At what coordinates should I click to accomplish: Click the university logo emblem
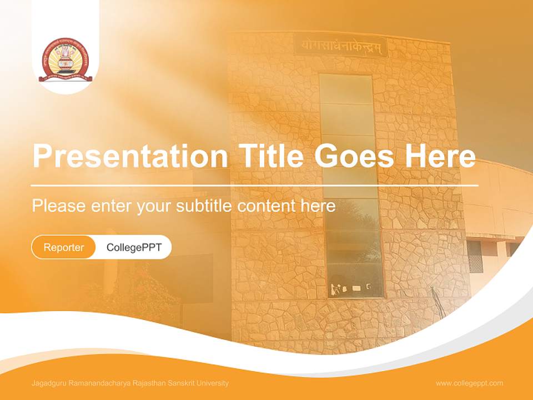[x=66, y=60]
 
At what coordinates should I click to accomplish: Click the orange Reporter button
[x=64, y=247]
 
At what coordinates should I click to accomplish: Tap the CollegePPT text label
[x=134, y=247]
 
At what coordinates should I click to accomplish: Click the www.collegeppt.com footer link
[x=469, y=383]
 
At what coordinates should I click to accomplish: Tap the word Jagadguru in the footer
[x=47, y=383]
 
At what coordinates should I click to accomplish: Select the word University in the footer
[x=213, y=383]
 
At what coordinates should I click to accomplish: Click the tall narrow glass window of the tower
[x=350, y=183]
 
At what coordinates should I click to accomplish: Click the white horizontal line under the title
[x=254, y=185]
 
